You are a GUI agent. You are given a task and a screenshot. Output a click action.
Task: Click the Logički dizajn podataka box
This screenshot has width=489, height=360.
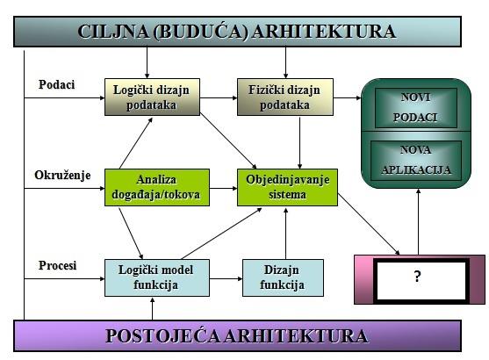pyautogui.click(x=152, y=97)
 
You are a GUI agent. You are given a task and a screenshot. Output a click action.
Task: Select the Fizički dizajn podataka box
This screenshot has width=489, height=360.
pyautogui.click(x=285, y=97)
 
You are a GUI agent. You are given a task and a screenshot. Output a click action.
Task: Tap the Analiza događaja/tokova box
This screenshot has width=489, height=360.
pyautogui.click(x=157, y=188)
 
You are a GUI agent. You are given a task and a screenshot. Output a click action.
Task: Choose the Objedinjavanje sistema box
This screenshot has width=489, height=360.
pyautogui.click(x=287, y=188)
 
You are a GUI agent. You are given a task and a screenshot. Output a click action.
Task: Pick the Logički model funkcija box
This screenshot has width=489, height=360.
pyautogui.click(x=157, y=277)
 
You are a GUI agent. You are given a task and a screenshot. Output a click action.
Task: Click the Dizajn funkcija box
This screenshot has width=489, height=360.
pyautogui.click(x=283, y=277)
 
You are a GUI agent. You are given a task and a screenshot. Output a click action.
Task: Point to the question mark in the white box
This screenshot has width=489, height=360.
pyautogui.click(x=417, y=277)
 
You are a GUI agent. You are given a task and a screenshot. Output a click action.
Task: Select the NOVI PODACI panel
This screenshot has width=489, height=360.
pyautogui.click(x=416, y=108)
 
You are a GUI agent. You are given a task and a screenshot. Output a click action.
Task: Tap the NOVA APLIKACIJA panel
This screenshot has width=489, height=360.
pyautogui.click(x=416, y=161)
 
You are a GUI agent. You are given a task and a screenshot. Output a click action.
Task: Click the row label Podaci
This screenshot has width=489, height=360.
pyautogui.click(x=56, y=84)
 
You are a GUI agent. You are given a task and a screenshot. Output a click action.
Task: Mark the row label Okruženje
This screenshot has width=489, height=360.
pyautogui.click(x=62, y=176)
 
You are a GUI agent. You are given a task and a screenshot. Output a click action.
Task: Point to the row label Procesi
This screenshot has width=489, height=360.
pyautogui.click(x=57, y=265)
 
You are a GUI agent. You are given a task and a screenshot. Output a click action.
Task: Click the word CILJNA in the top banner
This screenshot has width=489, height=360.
pyautogui.click(x=113, y=32)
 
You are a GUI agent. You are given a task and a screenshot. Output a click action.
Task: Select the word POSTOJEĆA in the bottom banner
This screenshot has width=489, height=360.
pyautogui.click(x=162, y=336)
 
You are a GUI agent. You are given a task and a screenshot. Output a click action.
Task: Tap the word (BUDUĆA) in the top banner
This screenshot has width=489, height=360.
pyautogui.click(x=201, y=32)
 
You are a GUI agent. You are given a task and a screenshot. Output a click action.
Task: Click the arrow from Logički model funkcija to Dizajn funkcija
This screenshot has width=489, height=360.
pyautogui.click(x=227, y=278)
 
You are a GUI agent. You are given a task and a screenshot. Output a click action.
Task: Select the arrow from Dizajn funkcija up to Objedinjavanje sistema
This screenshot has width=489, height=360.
pyautogui.click(x=285, y=234)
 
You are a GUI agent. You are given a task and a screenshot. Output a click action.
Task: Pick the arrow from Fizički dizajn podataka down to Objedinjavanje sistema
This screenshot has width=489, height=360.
pyautogui.click(x=299, y=143)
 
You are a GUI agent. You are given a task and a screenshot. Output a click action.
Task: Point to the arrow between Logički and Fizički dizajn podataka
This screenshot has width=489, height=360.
pyautogui.click(x=219, y=98)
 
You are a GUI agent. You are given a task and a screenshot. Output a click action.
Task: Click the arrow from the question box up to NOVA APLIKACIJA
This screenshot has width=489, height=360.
pyautogui.click(x=419, y=222)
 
